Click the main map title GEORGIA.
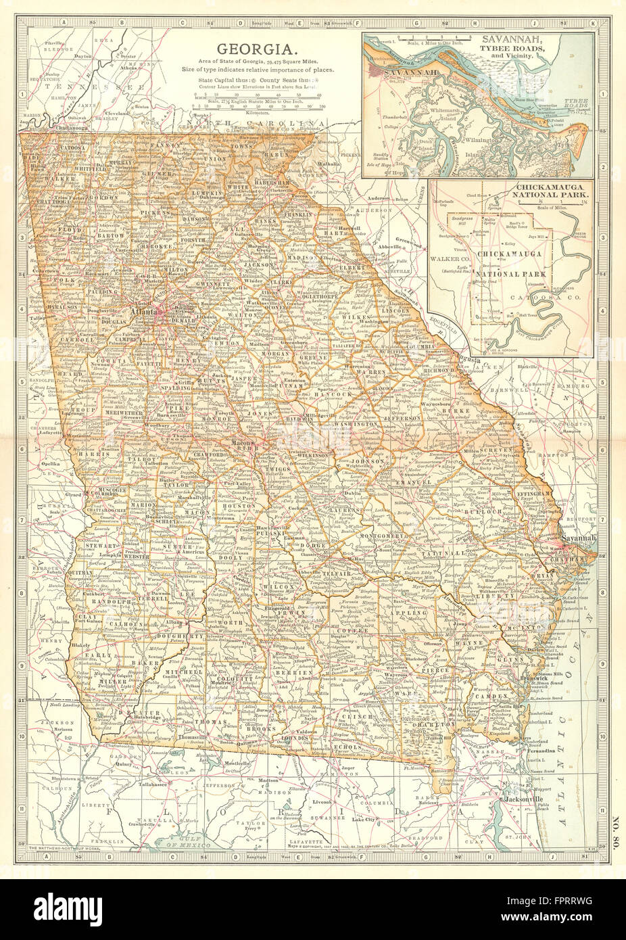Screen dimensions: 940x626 click(254, 49)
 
